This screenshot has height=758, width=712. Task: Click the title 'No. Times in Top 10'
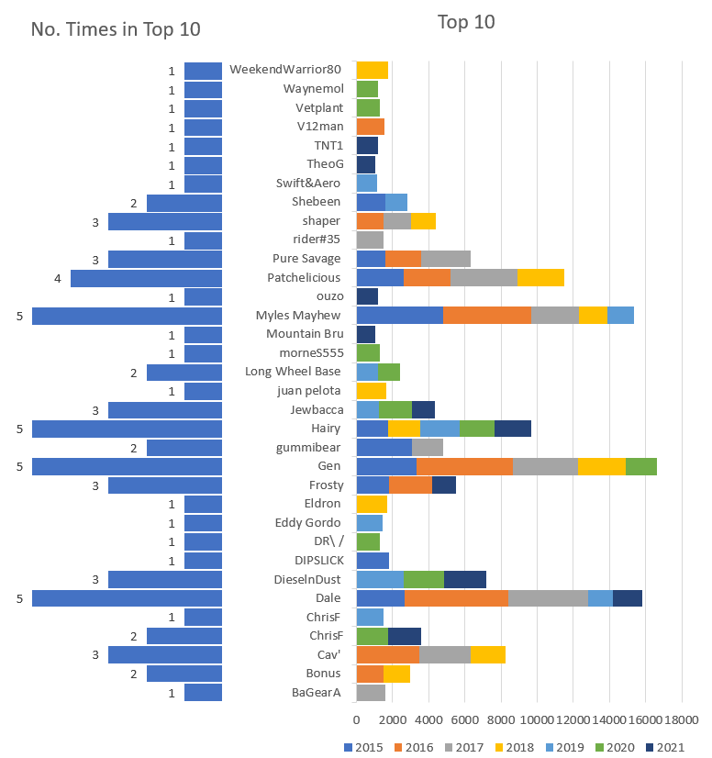(x=116, y=29)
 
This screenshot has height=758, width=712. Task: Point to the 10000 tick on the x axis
(x=537, y=719)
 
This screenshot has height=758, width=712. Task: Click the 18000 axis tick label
(x=682, y=719)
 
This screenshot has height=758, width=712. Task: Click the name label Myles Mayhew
(x=298, y=316)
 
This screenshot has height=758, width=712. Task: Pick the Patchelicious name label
(x=304, y=277)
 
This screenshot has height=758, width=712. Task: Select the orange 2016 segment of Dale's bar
(x=456, y=598)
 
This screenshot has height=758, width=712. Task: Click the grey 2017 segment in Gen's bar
(x=545, y=466)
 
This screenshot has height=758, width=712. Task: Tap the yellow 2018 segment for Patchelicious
(x=540, y=277)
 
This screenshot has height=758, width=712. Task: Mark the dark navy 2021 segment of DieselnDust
(x=464, y=579)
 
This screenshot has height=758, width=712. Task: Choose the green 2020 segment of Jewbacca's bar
(x=395, y=409)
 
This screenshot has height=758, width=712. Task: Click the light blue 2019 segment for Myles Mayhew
(x=620, y=316)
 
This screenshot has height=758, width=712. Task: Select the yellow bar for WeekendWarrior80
(x=372, y=70)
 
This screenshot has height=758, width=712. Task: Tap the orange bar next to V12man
(x=370, y=127)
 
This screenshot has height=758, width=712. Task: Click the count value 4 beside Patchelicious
(x=58, y=277)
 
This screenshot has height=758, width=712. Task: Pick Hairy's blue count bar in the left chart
(x=127, y=429)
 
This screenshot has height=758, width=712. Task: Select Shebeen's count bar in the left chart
(x=184, y=202)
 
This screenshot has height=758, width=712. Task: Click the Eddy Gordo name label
(x=308, y=523)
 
